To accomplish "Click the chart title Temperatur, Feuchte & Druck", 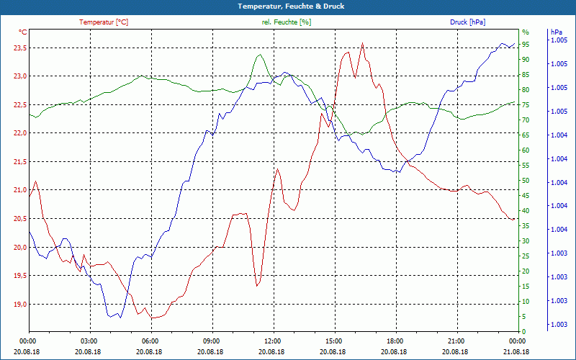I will [x=288, y=6].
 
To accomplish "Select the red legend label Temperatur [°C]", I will [x=104, y=22].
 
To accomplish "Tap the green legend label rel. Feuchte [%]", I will [x=287, y=22].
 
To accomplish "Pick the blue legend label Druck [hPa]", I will [x=467, y=22].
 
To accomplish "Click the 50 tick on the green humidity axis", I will [x=526, y=181].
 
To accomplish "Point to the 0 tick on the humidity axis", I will [x=524, y=331].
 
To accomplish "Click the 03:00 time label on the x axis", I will [x=89, y=341].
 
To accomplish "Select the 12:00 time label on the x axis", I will [x=273, y=341].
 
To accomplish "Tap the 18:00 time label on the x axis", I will [x=395, y=341].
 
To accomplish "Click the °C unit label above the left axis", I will [x=23, y=32].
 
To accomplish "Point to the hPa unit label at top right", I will [x=556, y=32].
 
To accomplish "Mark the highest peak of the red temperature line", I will [x=362, y=43].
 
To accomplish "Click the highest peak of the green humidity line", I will [x=259, y=55].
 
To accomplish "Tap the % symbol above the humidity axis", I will [x=525, y=32].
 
